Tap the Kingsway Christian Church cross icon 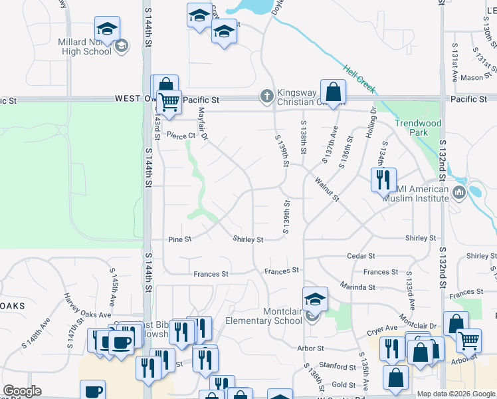[266, 96]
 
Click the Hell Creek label [359, 78]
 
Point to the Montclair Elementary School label [264, 316]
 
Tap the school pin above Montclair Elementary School [316, 299]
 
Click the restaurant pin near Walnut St [383, 180]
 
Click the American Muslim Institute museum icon [458, 194]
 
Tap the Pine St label [179, 239]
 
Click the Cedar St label [361, 255]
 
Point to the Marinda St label [357, 287]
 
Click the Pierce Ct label [182, 135]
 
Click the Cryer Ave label [382, 329]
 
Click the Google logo [22, 391]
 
